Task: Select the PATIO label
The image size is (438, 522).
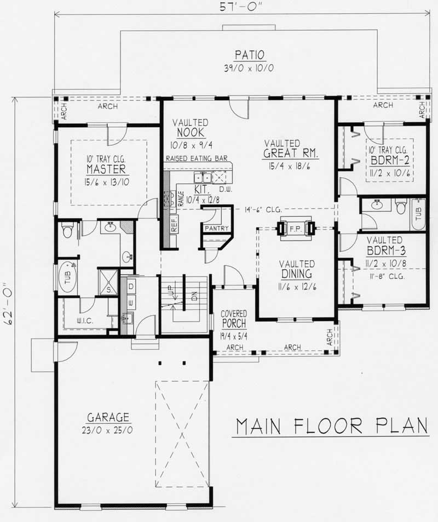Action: (250, 55)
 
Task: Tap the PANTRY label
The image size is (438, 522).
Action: (216, 228)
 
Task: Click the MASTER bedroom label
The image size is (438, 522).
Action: (106, 169)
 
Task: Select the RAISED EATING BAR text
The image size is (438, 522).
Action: (195, 158)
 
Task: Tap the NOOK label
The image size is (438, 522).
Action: (191, 133)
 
